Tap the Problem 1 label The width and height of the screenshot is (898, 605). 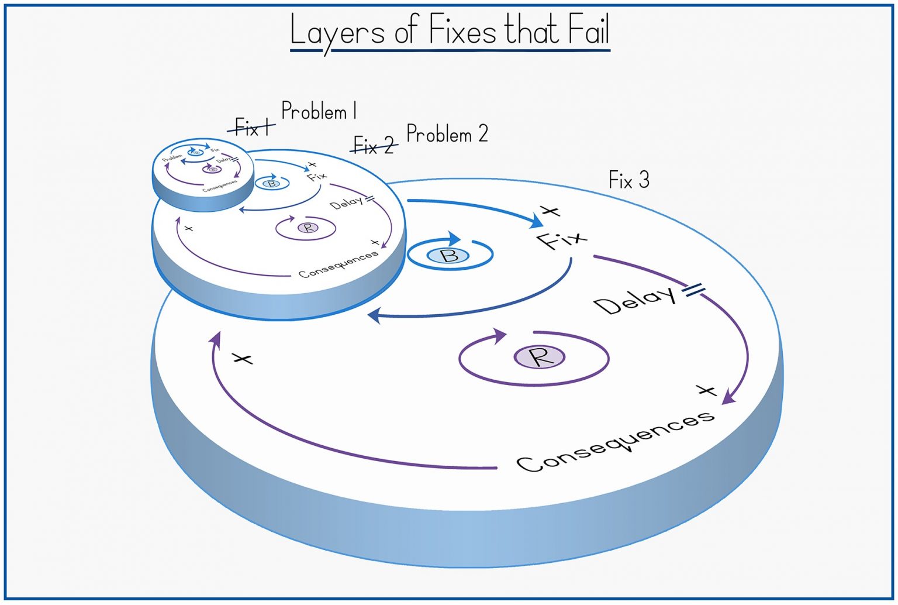[319, 111]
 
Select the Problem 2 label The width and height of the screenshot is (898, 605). [447, 134]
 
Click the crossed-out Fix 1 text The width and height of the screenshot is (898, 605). [251, 127]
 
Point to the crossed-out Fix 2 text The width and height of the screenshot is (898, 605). [374, 145]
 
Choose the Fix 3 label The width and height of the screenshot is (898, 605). [628, 180]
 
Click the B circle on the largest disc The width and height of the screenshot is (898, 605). [449, 255]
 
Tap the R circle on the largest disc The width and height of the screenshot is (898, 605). [539, 356]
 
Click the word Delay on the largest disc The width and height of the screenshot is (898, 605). [634, 301]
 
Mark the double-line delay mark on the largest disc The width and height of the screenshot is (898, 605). [693, 289]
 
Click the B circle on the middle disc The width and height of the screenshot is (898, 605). [271, 183]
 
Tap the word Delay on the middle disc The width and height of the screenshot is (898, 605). [346, 203]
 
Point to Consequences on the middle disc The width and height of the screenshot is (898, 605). [338, 264]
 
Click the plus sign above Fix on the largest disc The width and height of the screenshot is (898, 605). [550, 211]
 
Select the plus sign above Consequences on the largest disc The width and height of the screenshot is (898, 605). [706, 390]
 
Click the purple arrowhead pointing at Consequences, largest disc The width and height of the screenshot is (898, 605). [728, 398]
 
